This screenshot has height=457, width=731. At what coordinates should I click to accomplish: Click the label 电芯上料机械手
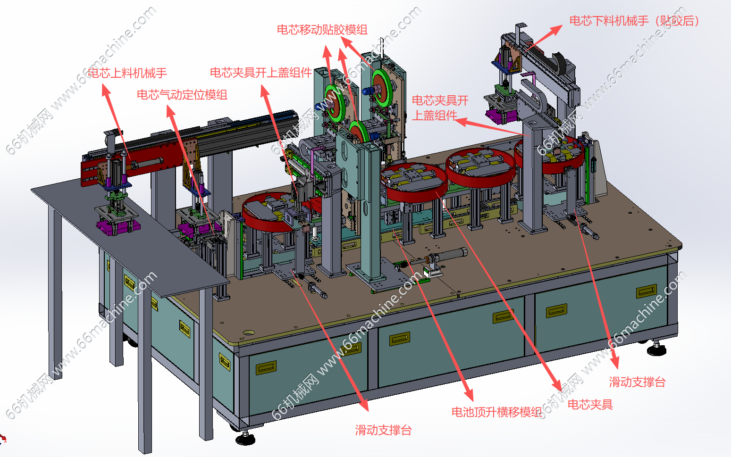(x=127, y=73)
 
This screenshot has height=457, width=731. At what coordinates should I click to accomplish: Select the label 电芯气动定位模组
(x=182, y=95)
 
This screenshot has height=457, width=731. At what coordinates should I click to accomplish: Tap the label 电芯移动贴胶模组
(x=322, y=30)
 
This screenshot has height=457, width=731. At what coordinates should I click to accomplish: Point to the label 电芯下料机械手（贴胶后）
(x=634, y=21)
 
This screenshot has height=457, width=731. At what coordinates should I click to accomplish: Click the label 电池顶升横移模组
(x=496, y=412)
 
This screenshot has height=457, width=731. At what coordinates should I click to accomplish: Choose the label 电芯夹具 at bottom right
(x=590, y=404)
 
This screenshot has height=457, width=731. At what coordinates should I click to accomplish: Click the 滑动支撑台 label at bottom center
(x=383, y=430)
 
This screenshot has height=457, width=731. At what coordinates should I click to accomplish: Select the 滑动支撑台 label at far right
(x=637, y=382)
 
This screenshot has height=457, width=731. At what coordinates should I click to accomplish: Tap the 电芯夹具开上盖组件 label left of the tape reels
(x=260, y=73)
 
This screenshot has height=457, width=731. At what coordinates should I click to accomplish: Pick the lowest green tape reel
(x=359, y=133)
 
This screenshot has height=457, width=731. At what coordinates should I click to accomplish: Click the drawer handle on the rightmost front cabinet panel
(x=646, y=291)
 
